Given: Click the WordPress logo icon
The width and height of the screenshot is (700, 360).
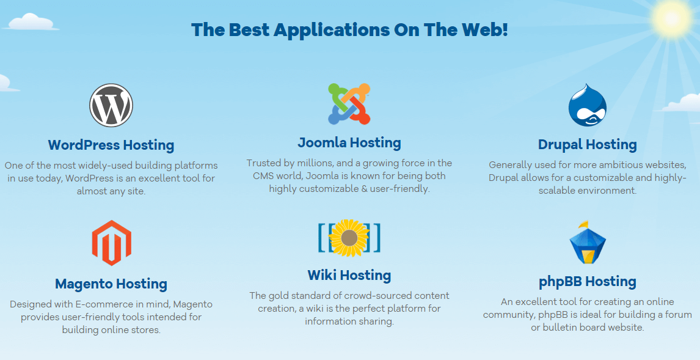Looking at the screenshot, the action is click(111, 105).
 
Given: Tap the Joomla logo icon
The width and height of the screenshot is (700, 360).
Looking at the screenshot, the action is click(349, 104).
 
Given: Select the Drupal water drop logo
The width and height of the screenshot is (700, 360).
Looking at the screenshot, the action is click(587, 105).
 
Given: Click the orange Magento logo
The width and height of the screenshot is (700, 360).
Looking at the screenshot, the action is click(112, 243).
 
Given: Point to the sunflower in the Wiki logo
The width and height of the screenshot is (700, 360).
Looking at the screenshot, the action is click(349, 238).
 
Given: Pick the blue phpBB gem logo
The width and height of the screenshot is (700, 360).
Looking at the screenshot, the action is click(587, 243).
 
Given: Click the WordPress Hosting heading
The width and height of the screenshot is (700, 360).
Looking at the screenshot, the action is click(111, 145).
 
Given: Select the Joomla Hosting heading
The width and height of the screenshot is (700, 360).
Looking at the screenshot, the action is click(349, 143).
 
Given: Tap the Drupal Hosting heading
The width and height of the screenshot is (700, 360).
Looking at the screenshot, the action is click(588, 145).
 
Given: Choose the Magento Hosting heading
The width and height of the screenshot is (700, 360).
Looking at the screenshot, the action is click(111, 284).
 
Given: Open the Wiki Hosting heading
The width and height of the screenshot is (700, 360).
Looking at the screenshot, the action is click(349, 276).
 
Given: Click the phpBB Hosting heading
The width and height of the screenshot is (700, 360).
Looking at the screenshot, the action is click(588, 282).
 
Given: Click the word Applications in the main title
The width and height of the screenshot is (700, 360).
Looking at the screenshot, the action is click(332, 30).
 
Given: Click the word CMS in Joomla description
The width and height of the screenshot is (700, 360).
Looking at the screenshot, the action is click(263, 176).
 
